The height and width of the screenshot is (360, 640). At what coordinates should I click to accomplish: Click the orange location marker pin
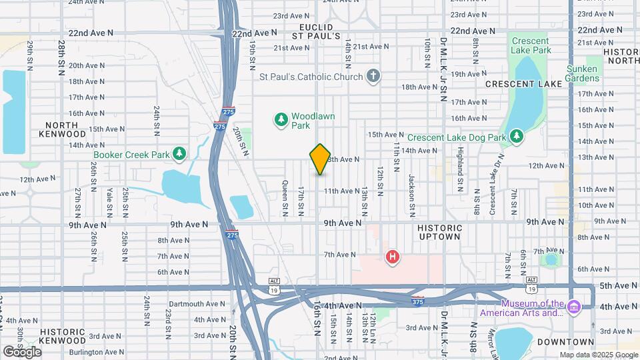pyautogui.click(x=320, y=159)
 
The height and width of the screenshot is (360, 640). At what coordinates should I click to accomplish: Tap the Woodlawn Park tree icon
pyautogui.click(x=281, y=120)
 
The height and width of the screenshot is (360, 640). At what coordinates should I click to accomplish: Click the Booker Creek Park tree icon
pyautogui.click(x=179, y=155)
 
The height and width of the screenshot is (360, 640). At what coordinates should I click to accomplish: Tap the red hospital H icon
pyautogui.click(x=393, y=257)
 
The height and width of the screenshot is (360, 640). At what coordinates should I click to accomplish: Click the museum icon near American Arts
pyautogui.click(x=573, y=307)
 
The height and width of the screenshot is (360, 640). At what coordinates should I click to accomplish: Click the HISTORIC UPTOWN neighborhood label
pyautogui.click(x=439, y=232)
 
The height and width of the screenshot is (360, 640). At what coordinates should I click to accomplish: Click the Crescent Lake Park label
pyautogui.click(x=531, y=45)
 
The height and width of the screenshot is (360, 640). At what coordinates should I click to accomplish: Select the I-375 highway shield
pyautogui.click(x=418, y=300)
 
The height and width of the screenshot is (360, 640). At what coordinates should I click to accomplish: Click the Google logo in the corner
pyautogui.click(x=22, y=351)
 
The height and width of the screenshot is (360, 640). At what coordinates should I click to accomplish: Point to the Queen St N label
pyautogui.click(x=285, y=199)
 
